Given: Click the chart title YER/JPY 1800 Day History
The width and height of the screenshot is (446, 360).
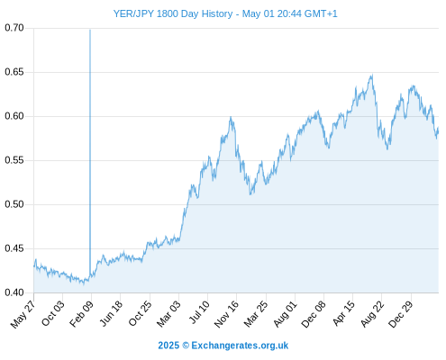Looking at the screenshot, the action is point(173,13).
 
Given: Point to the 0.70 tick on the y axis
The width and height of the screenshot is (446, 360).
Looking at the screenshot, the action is point(14,28).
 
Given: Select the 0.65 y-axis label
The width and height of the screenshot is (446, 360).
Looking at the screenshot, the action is point(14,72).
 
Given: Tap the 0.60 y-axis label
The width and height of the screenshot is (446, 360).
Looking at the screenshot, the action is point(14,116).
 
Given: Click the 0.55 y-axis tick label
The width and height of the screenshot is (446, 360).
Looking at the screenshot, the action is point(14,160).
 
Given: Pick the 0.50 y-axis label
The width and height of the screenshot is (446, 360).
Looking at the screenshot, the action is point(14,204).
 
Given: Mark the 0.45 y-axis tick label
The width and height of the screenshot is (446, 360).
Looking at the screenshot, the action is point(14,248).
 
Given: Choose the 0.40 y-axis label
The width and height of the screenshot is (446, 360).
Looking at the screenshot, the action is point(14,292).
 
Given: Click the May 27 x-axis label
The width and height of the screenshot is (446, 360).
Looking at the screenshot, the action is point(23,313).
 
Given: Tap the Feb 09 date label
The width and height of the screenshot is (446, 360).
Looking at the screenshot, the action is point(81,313).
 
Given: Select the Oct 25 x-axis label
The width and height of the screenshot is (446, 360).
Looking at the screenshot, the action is point(140,313).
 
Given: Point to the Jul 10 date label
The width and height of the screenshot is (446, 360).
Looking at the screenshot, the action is point(199,312).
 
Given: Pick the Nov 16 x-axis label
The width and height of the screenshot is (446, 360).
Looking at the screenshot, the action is point(226,313).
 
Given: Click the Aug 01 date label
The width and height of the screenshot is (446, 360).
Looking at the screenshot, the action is point(285,313).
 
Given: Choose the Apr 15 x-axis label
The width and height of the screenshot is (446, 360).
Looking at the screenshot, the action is point(343,313).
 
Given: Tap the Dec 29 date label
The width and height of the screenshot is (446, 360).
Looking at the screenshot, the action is point(401,313).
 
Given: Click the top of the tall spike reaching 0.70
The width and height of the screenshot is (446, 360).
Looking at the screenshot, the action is point(90,30).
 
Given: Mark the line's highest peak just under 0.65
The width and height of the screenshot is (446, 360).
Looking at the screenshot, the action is point(372,75).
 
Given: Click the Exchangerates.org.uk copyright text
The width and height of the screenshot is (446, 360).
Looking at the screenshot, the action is point(223,346).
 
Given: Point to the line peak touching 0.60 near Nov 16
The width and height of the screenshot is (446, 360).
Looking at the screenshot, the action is point(231,117).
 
